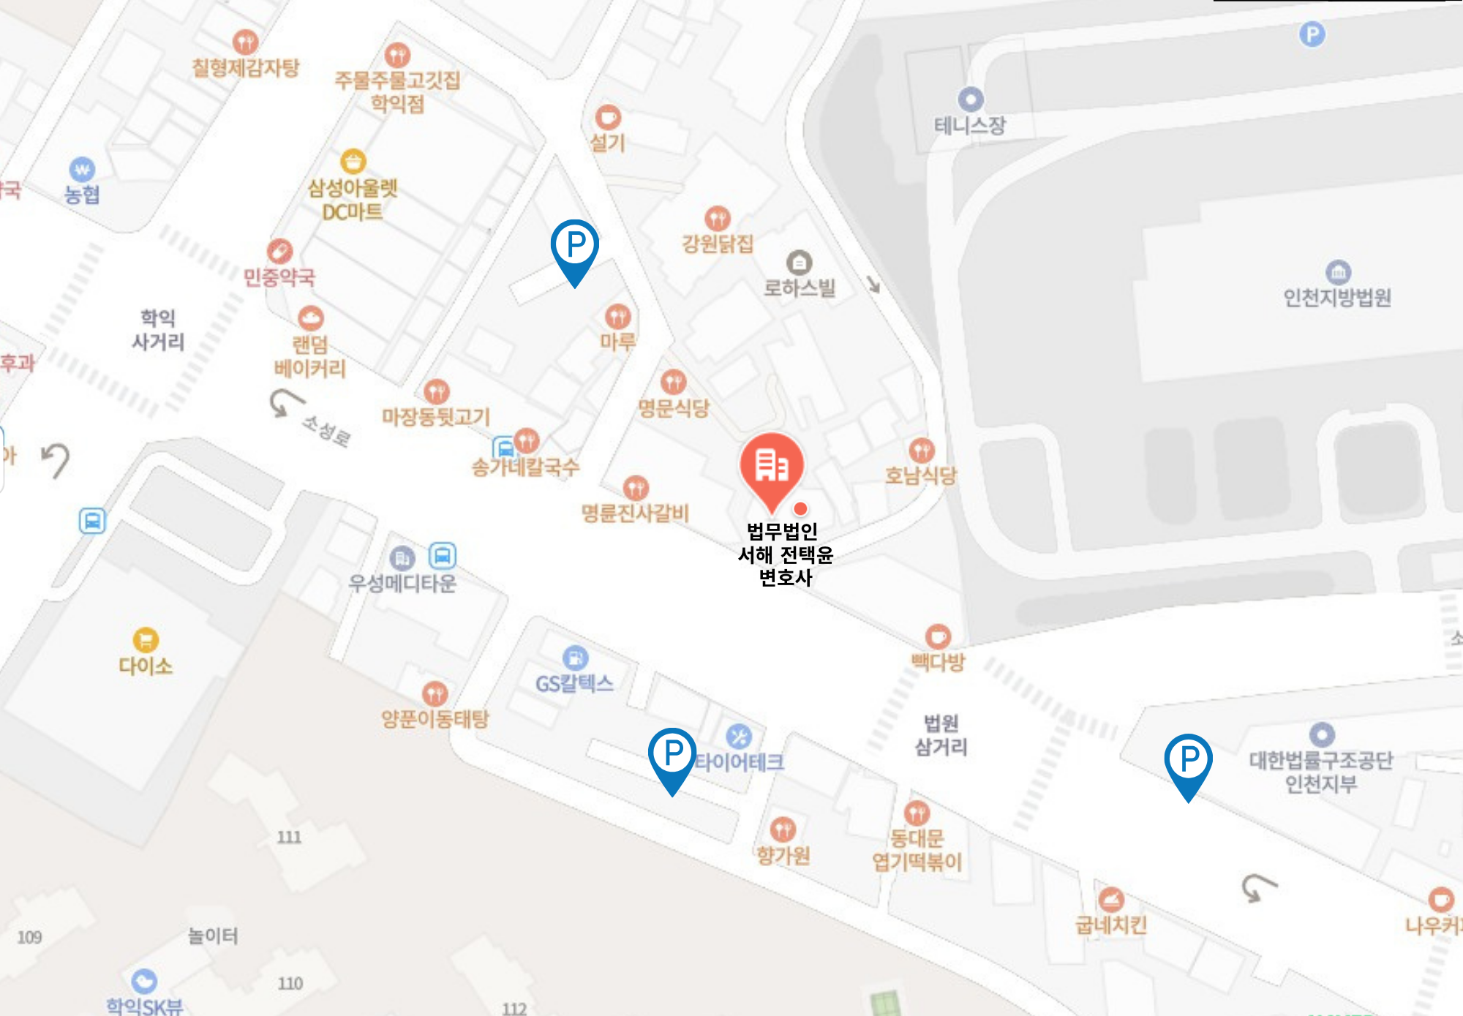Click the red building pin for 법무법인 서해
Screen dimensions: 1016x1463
(771, 467)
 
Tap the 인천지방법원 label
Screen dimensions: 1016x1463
(1337, 298)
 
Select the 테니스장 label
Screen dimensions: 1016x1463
(970, 125)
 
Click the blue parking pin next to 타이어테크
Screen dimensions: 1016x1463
(672, 754)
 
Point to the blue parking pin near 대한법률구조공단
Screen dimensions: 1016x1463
(1188, 761)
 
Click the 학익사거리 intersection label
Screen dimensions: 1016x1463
(158, 330)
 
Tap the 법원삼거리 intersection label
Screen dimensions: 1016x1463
(941, 735)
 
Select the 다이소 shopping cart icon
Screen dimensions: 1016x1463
(146, 640)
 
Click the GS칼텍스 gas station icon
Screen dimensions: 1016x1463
(575, 658)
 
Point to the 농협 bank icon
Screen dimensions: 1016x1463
(82, 170)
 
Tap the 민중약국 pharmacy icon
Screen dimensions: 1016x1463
(279, 251)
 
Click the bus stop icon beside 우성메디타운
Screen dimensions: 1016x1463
(442, 556)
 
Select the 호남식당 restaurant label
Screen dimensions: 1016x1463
(921, 476)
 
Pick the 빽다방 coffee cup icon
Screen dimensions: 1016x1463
(938, 636)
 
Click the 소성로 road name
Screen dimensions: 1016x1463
(327, 430)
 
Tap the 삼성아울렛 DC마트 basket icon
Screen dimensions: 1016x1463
(353, 161)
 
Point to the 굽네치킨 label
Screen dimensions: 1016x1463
(1110, 925)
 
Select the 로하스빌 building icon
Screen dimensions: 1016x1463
(799, 263)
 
